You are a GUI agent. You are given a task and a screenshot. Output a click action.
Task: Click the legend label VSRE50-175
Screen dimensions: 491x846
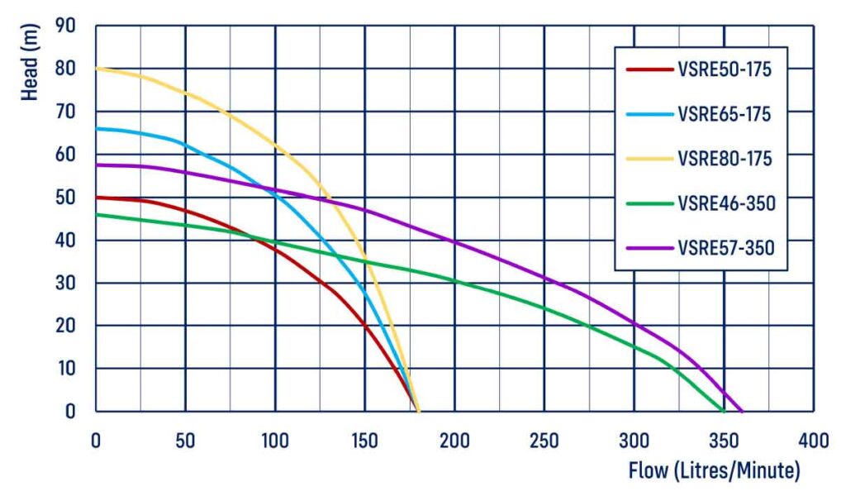[724, 70]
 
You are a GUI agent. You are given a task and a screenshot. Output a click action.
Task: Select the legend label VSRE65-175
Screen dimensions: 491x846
[724, 115]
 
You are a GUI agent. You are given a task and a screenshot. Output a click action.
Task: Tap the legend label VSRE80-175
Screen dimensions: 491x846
[724, 158]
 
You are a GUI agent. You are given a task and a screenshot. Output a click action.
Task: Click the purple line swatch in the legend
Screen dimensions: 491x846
[648, 246]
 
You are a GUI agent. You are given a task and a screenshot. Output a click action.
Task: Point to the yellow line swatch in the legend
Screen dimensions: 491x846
[648, 158]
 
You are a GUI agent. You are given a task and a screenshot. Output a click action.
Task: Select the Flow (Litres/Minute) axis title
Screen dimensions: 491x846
[714, 471]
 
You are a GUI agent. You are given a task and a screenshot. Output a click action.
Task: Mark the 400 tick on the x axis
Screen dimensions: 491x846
[813, 441]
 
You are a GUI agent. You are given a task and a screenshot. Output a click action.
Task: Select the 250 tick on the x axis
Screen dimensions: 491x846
[544, 441]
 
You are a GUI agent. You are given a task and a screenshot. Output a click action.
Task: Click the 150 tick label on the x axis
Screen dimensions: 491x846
[364, 441]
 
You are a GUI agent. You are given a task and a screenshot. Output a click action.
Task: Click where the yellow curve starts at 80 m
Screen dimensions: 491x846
[97, 69]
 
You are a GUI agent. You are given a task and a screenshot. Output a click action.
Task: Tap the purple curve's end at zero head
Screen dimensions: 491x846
[741, 411]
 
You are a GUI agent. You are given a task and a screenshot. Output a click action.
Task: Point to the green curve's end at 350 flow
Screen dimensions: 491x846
[724, 411]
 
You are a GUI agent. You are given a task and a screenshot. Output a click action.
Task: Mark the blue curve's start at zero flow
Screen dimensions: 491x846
[97, 128]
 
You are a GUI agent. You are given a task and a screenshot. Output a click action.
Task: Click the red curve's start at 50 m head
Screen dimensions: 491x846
[97, 197]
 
